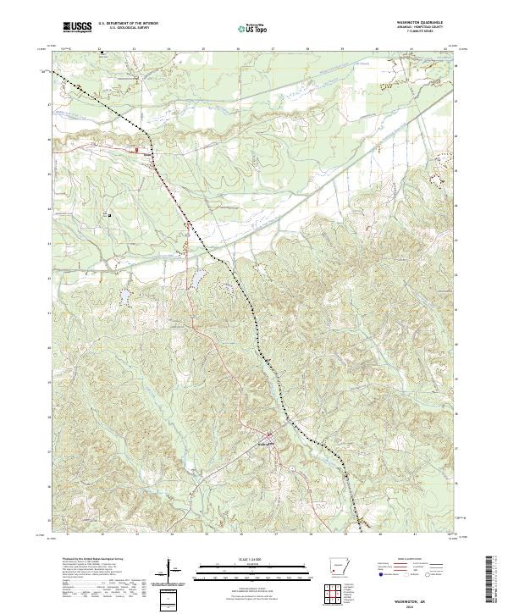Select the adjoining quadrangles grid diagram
pyautogui.click(x=338, y=595)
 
